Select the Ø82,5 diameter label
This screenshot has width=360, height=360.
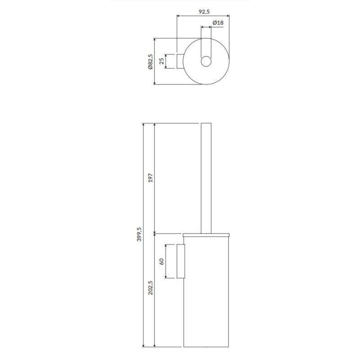(x=150, y=61)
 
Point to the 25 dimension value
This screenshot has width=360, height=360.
(x=161, y=61)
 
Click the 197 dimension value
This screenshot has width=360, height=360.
(x=150, y=178)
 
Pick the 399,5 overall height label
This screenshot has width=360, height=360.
(x=139, y=234)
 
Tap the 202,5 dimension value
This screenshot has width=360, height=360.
(x=150, y=287)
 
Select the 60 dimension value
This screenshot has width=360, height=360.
(x=162, y=261)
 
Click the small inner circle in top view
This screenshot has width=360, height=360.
(x=206, y=61)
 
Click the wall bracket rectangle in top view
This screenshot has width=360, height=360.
(x=180, y=61)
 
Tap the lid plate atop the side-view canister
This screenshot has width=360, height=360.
(x=206, y=234)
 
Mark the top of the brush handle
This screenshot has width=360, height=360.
(x=206, y=123)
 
